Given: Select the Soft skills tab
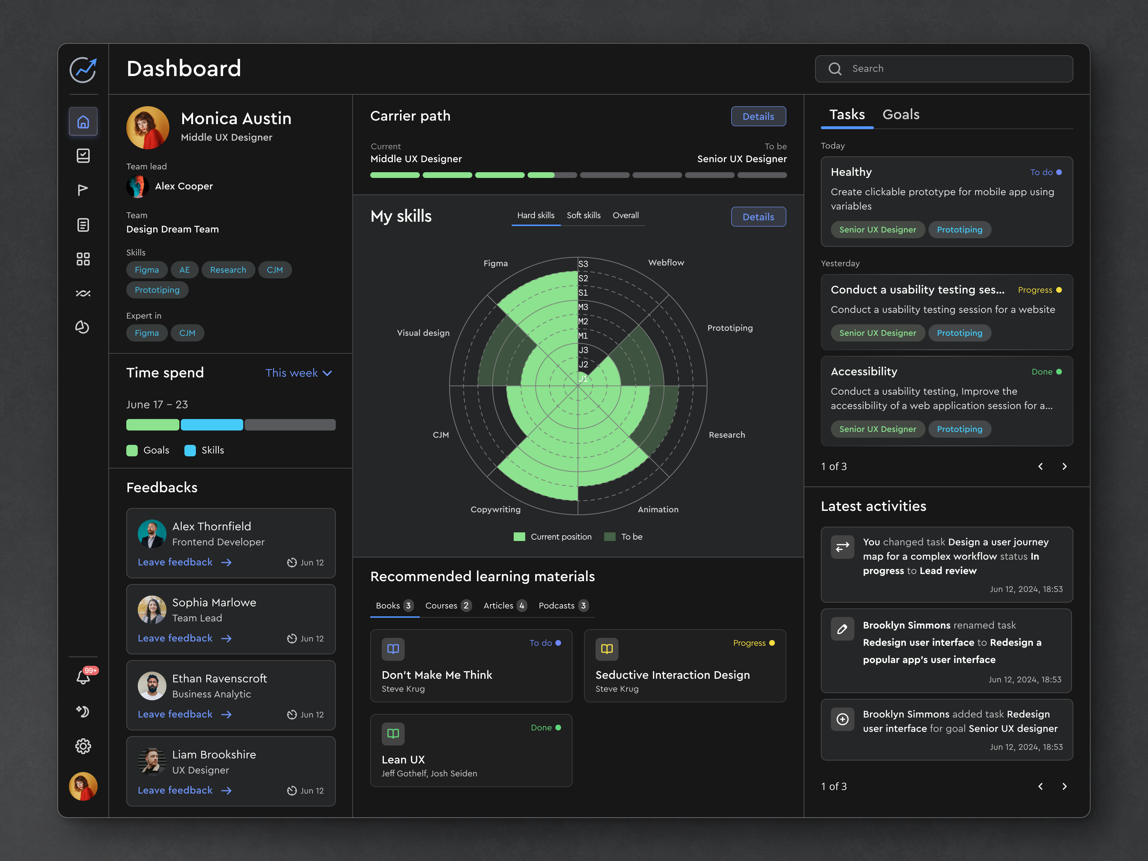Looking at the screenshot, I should tap(583, 215).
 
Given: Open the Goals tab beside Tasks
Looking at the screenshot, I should tap(900, 115).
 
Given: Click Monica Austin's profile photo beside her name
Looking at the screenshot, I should tap(148, 128).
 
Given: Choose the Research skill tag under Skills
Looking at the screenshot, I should tap(228, 270).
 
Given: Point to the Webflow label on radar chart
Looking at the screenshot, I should tap(666, 263).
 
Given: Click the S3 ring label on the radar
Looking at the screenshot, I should tap(583, 264).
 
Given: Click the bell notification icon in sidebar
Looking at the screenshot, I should tap(83, 677).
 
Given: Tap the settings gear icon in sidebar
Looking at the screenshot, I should tap(83, 746).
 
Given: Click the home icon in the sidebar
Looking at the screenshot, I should tap(83, 122).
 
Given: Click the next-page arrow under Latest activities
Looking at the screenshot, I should tap(1064, 786).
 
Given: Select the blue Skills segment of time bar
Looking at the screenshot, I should tap(212, 424).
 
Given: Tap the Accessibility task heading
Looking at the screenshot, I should tap(864, 372).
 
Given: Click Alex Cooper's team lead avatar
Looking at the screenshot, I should tap(137, 186).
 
